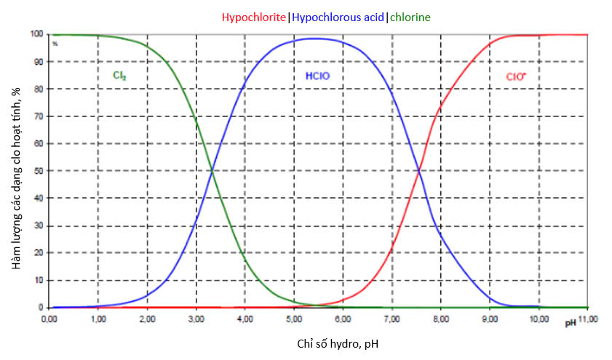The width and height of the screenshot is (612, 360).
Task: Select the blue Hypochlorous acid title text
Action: click(x=338, y=17)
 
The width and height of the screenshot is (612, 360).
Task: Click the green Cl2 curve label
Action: click(x=120, y=75)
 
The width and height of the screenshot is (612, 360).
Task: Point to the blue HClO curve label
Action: click(x=317, y=75)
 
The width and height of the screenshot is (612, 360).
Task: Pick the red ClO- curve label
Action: click(x=517, y=75)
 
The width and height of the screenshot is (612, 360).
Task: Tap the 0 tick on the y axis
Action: click(x=42, y=308)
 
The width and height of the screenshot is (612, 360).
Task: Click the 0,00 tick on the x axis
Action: click(x=49, y=319)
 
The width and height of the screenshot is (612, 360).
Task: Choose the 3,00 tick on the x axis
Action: click(x=196, y=319)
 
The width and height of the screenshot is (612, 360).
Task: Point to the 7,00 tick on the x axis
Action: click(x=392, y=319)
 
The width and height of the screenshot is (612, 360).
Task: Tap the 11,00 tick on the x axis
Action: click(x=588, y=319)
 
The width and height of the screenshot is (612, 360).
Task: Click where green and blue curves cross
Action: click(x=212, y=171)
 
